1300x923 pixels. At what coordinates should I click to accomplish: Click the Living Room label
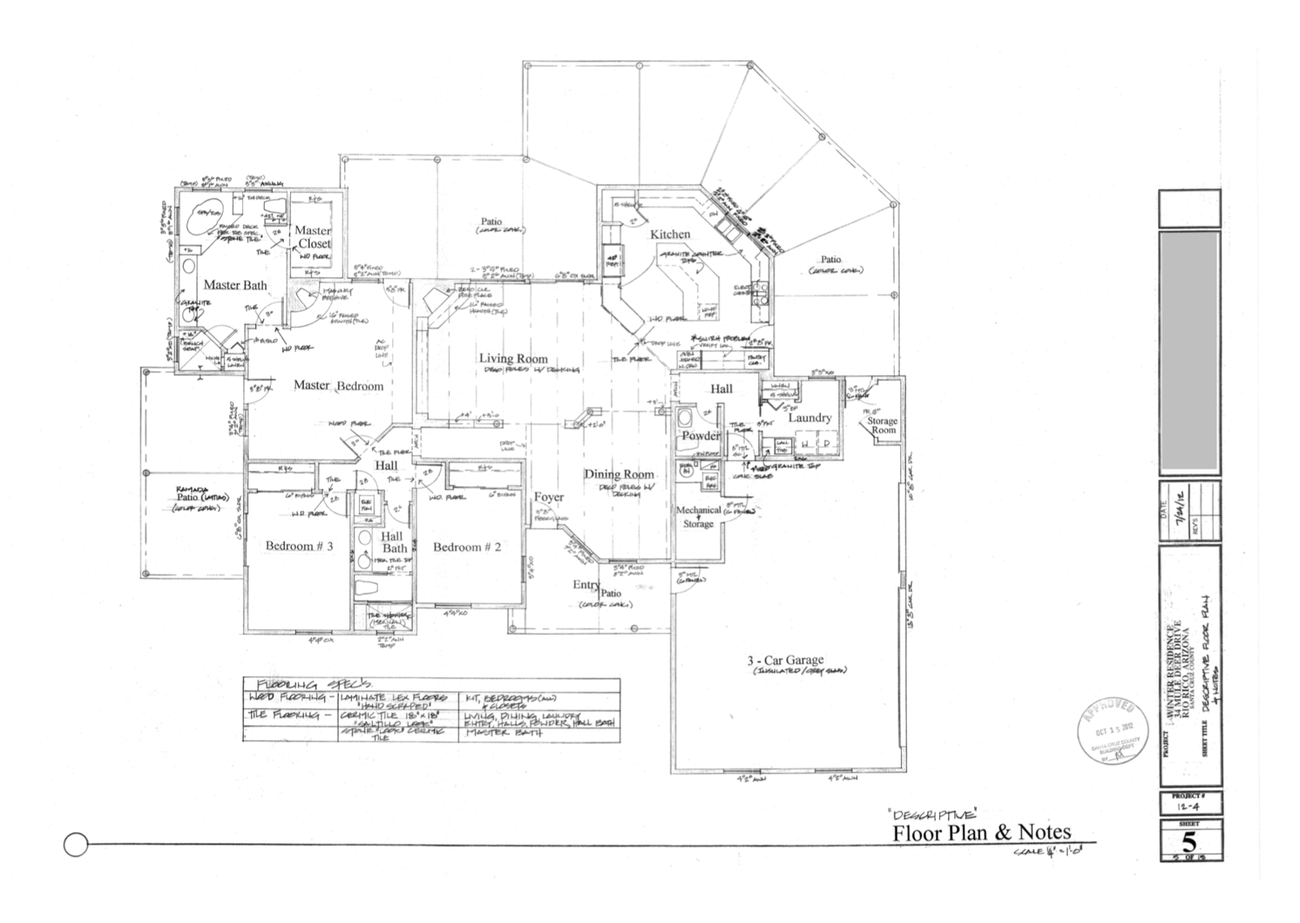(x=513, y=358)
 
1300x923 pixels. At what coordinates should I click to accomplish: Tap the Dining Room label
(x=619, y=474)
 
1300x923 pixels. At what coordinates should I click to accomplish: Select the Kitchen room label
(x=670, y=234)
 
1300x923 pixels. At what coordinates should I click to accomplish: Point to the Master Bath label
(x=235, y=284)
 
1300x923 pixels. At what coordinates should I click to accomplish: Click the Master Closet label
(x=313, y=237)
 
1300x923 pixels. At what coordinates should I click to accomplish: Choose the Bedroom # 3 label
(x=299, y=546)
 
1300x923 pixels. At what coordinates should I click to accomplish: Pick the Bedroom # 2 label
(x=466, y=547)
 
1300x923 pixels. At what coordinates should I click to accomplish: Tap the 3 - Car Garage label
(x=785, y=660)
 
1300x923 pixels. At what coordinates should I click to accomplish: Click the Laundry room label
(x=809, y=418)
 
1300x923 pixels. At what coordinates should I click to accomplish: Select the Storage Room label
(x=882, y=425)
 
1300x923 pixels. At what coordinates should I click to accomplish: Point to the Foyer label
(x=548, y=497)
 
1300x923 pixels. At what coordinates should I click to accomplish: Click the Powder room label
(x=700, y=435)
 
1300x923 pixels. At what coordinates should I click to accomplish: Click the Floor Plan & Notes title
(x=981, y=832)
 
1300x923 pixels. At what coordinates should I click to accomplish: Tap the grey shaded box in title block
(x=1189, y=351)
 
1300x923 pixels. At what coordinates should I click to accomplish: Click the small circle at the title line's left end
(x=75, y=845)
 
